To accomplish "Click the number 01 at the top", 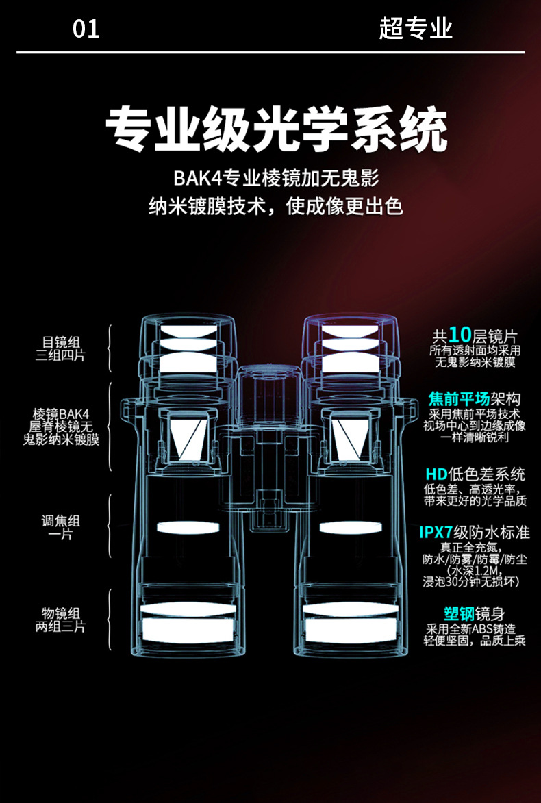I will [86, 29].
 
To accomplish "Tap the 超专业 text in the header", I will [416, 29].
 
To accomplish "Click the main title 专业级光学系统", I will [277, 128].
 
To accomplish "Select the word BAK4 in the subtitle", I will [194, 179].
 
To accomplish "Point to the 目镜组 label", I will [60, 341].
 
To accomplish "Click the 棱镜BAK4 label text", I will [60, 413].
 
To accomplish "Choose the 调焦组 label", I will [60, 521].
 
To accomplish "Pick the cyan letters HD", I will [436, 474].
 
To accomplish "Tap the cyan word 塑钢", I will [458, 613].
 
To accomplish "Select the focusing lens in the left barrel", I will [187, 527].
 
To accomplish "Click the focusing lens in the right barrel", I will [347, 527].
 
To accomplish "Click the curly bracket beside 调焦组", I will [110, 526].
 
